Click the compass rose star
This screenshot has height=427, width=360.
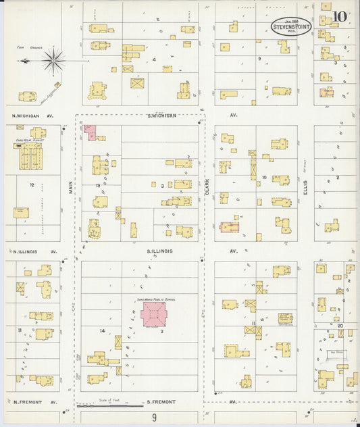pos(53,61)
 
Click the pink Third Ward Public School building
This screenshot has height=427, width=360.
pos(156,314)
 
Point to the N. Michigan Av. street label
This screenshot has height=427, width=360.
pos(32,116)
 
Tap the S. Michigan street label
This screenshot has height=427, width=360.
pos(161,116)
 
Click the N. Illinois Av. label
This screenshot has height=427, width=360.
pos(32,251)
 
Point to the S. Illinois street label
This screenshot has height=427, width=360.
pos(160,251)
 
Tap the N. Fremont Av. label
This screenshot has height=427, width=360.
pos(32,402)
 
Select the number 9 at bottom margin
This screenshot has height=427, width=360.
pos(155,418)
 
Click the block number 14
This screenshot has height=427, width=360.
pos(103,330)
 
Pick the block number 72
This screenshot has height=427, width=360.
pos(31,184)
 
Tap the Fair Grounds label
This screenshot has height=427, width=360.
pos(28,48)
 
